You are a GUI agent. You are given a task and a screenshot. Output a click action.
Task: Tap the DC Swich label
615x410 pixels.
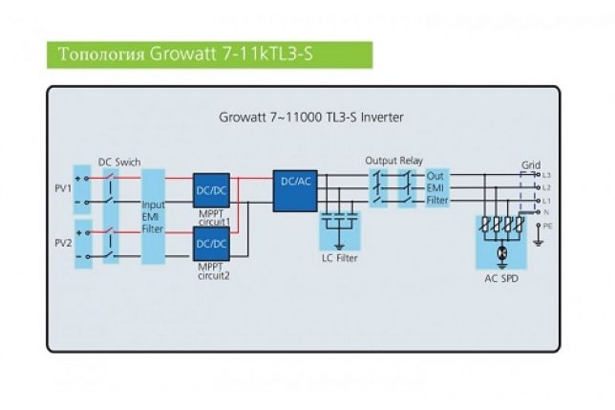[119, 162]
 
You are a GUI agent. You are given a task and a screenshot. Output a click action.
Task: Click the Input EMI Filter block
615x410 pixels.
[153, 216]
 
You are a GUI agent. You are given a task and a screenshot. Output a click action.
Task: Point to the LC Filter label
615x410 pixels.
[340, 257]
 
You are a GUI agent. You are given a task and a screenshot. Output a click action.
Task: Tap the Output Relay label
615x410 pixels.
[393, 161]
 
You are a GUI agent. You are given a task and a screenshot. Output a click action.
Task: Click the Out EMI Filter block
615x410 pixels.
[436, 188]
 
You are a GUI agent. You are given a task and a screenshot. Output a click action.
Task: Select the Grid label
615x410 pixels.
[530, 165]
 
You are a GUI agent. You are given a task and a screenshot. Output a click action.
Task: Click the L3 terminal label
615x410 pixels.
[547, 176]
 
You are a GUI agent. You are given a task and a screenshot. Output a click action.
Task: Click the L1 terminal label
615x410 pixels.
[547, 200]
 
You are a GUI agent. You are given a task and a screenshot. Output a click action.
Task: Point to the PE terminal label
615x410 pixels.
[547, 227]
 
